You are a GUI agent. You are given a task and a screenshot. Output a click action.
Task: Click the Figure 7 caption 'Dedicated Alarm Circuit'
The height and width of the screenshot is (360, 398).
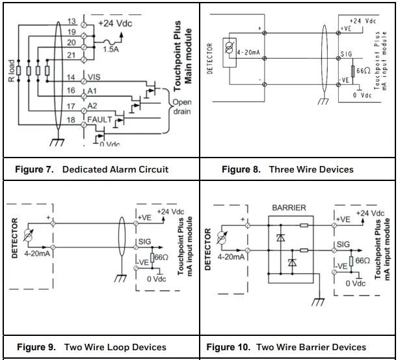click(115, 169)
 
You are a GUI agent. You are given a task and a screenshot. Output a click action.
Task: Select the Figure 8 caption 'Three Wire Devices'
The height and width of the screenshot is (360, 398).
click(311, 169)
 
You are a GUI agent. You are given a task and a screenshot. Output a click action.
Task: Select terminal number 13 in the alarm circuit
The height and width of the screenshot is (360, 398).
click(72, 21)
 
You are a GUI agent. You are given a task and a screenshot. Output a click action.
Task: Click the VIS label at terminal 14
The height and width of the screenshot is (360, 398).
click(94, 77)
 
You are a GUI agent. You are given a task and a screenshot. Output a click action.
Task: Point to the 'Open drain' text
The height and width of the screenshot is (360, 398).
click(181, 107)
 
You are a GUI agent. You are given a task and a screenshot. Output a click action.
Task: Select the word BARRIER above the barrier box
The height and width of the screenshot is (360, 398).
click(289, 208)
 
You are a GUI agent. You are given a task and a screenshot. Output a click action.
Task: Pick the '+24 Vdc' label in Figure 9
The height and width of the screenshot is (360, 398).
click(171, 212)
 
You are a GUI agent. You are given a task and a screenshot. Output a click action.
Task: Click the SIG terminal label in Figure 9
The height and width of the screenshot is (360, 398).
click(144, 242)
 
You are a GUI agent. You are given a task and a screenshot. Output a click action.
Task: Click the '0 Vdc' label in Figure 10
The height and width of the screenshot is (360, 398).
click(356, 283)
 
